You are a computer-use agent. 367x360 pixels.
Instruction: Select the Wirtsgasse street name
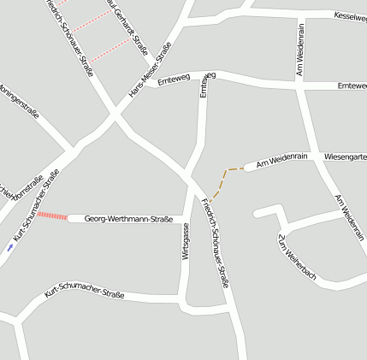tap(185, 241)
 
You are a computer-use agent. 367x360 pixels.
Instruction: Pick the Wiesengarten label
tap(345, 157)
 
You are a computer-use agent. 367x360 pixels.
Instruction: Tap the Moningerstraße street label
tap(20, 101)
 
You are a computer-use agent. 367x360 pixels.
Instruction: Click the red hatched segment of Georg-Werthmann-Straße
tap(51, 217)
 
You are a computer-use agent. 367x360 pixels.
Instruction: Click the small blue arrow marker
tap(9, 246)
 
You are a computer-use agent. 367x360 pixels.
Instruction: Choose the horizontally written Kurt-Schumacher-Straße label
tap(84, 295)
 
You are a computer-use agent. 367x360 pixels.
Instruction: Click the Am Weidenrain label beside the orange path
tap(281, 159)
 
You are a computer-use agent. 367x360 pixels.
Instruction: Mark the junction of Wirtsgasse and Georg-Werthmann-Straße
tap(184, 217)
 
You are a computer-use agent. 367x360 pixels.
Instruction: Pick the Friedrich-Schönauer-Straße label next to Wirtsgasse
tap(216, 241)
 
